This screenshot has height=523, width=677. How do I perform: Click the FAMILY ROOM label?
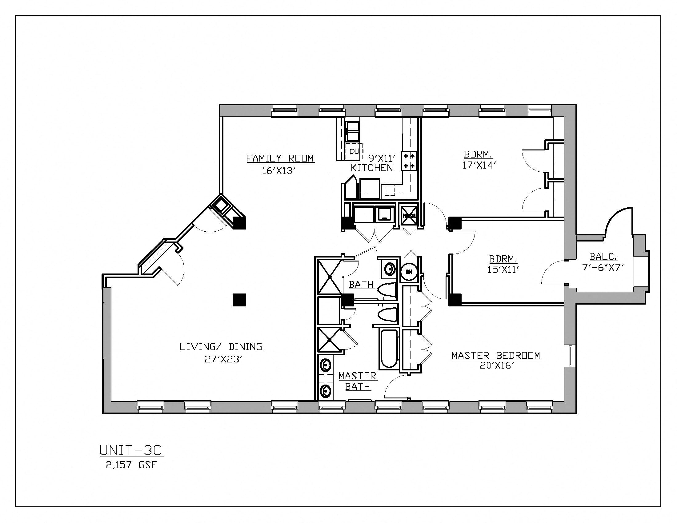(280, 158)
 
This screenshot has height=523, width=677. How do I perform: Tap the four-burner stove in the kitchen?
(409, 161)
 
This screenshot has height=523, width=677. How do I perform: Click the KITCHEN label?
(372, 168)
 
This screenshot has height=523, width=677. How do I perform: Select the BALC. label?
(603, 257)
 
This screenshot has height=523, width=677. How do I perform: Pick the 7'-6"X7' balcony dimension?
(603, 267)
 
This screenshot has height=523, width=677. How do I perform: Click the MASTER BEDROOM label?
(496, 355)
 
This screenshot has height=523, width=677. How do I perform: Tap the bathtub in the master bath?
(387, 349)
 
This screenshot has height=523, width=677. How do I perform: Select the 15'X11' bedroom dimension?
(503, 269)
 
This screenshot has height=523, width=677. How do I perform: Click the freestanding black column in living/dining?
(239, 300)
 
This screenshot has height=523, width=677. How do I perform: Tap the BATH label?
(361, 285)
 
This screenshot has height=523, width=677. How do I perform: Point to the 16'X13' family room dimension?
(278, 171)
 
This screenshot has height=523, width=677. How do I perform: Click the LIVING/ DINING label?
(221, 347)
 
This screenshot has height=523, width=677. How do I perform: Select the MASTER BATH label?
(358, 381)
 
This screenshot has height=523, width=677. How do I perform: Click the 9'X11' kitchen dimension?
(382, 159)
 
